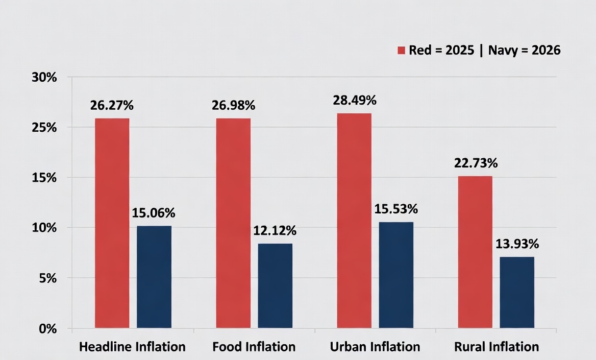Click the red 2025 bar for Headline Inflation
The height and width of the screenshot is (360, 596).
coord(112,223)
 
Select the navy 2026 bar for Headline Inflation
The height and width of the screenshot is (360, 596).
coord(154,277)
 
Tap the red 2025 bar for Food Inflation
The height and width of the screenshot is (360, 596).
coord(233,223)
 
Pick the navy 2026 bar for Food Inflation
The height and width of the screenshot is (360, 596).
coord(275,285)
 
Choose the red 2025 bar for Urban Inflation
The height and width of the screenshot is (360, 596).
coord(354,220)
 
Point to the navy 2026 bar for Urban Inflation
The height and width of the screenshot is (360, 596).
coord(396,275)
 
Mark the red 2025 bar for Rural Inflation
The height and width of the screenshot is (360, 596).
coord(475,252)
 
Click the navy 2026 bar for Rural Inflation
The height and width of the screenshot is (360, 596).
coord(517,292)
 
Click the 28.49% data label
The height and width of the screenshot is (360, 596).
coord(355,101)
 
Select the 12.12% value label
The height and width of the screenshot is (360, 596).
coord(275,231)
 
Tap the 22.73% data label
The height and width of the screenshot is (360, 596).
coord(476,163)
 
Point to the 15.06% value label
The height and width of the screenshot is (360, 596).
coord(154,213)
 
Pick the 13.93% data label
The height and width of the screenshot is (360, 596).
coord(517,244)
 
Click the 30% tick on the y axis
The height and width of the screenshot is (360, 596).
coord(44,78)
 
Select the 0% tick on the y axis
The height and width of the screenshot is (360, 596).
coord(48,329)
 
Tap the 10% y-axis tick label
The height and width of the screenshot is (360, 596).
coord(44,228)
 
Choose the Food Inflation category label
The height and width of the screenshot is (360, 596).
coord(254,347)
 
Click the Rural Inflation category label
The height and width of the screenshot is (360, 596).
coord(497,347)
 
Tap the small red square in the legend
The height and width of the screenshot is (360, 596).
coord(402,50)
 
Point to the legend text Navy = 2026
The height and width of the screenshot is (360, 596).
coord(525,50)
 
